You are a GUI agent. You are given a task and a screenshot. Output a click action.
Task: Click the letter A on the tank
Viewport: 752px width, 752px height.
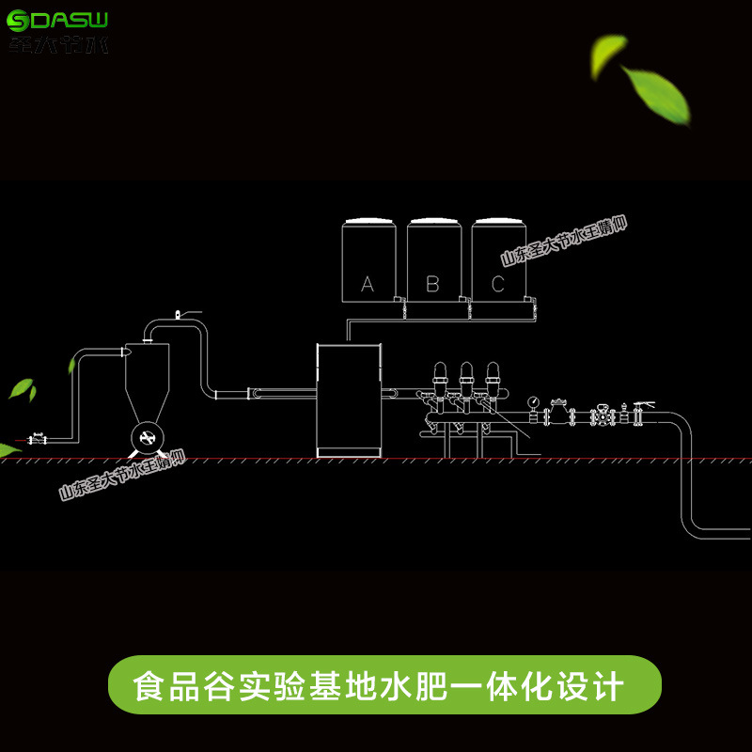pos(368,283)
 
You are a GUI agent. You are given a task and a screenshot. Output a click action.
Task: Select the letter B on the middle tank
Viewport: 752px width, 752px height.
pos(432,283)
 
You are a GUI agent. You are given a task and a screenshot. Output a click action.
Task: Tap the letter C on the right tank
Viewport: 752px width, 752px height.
pos(497,283)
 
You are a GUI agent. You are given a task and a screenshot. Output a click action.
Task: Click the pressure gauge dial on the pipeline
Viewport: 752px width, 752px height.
pos(533,400)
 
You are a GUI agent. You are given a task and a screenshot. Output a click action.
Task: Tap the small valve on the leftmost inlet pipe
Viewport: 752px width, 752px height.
pos(38,438)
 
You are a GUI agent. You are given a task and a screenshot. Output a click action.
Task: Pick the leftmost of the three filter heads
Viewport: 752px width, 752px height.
pos(438,382)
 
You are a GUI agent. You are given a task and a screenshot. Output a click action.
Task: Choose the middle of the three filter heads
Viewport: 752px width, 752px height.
pos(465,382)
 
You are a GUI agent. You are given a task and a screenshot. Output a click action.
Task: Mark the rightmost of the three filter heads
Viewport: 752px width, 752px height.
pos(492,382)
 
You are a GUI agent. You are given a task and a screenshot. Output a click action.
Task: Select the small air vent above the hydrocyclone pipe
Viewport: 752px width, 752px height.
pos(180,310)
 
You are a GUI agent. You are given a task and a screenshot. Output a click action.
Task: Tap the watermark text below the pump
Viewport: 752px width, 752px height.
pos(122,476)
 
